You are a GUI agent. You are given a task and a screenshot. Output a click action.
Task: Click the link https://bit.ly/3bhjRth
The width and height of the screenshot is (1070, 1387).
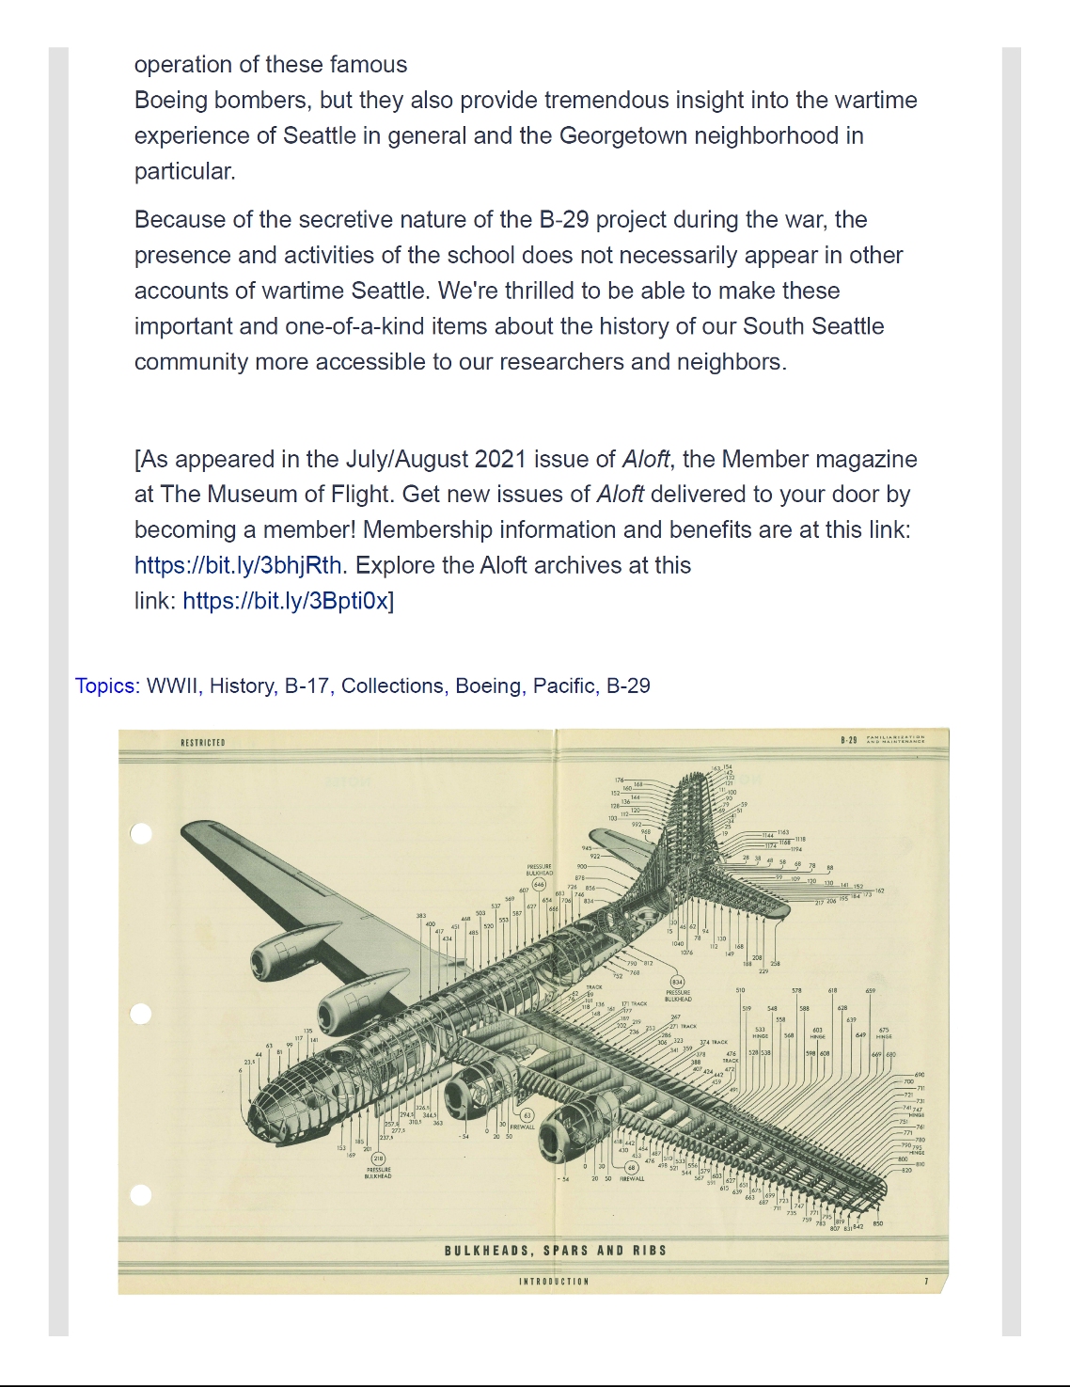238,565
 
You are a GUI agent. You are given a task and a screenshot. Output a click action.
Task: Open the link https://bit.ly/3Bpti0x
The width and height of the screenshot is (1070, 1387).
286,601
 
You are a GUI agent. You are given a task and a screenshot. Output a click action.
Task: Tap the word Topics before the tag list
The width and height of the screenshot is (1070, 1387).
105,686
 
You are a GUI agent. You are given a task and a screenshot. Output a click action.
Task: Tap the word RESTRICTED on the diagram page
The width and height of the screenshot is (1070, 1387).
203,743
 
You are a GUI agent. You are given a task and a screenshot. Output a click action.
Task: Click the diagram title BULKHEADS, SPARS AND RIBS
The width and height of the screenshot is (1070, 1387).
556,1251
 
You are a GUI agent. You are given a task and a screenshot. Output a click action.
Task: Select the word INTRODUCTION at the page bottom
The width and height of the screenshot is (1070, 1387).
554,1282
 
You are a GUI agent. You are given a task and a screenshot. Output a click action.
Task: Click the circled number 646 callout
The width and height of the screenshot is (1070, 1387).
539,885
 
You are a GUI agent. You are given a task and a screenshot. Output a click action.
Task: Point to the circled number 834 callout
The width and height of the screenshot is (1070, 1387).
677,982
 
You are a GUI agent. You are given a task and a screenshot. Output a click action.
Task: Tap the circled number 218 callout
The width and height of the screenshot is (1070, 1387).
378,1158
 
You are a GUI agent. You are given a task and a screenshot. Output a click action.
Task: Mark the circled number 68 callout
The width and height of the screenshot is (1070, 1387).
632,1167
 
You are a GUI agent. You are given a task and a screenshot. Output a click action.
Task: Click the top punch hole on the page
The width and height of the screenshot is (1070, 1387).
141,833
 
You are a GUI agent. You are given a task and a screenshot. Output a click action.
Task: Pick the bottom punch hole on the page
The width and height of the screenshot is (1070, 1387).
141,1194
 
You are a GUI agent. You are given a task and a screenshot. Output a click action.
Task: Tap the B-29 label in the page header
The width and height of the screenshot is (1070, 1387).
848,740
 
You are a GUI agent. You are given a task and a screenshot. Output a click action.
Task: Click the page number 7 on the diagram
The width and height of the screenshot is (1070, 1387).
926,1281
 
